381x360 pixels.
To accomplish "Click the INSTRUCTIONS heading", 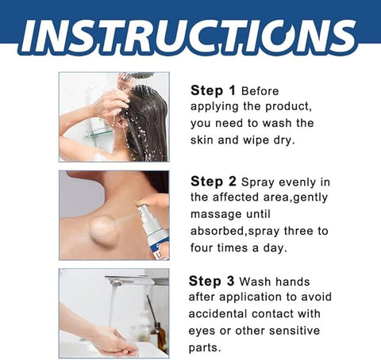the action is coord(189,36).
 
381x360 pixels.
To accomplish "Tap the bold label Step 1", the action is coord(213,91).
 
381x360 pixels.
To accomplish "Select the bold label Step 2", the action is coord(214,182).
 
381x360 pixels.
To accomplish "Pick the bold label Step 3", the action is coord(211,281).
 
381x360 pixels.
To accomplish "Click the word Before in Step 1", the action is coord(260,91).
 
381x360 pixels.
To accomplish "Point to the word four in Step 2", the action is coord(202,248).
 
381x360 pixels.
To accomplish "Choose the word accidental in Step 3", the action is coord(218,314).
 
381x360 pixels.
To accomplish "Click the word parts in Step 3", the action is coord(204,348).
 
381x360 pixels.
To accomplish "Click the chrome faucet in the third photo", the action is coord(133,280).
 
